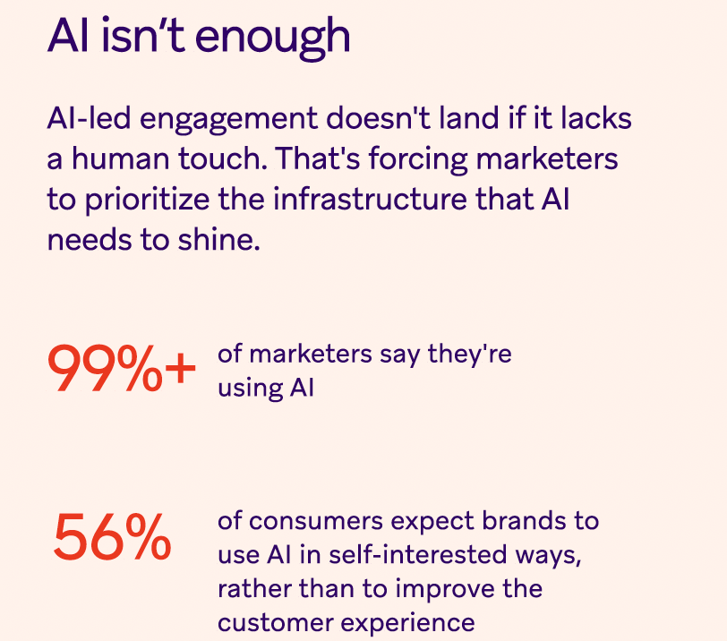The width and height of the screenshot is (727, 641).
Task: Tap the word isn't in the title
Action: click(x=143, y=35)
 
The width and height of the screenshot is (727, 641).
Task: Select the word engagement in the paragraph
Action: click(x=228, y=120)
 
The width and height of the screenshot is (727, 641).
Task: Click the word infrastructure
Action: click(x=370, y=200)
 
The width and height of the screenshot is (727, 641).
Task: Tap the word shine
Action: click(x=218, y=240)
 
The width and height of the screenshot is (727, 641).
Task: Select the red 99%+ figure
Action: click(x=122, y=370)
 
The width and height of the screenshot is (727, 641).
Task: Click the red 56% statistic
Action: click(x=113, y=537)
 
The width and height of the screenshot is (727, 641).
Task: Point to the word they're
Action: click(x=470, y=355)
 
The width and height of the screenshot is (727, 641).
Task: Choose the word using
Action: click(x=250, y=389)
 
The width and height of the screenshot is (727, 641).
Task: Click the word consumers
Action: click(x=316, y=521)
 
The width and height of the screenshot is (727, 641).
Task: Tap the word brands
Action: click(x=524, y=520)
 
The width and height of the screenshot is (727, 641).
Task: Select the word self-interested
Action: click(x=418, y=554)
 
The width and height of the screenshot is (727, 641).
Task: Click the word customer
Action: click(x=276, y=623)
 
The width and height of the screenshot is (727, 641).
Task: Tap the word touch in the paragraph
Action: click(x=223, y=158)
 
